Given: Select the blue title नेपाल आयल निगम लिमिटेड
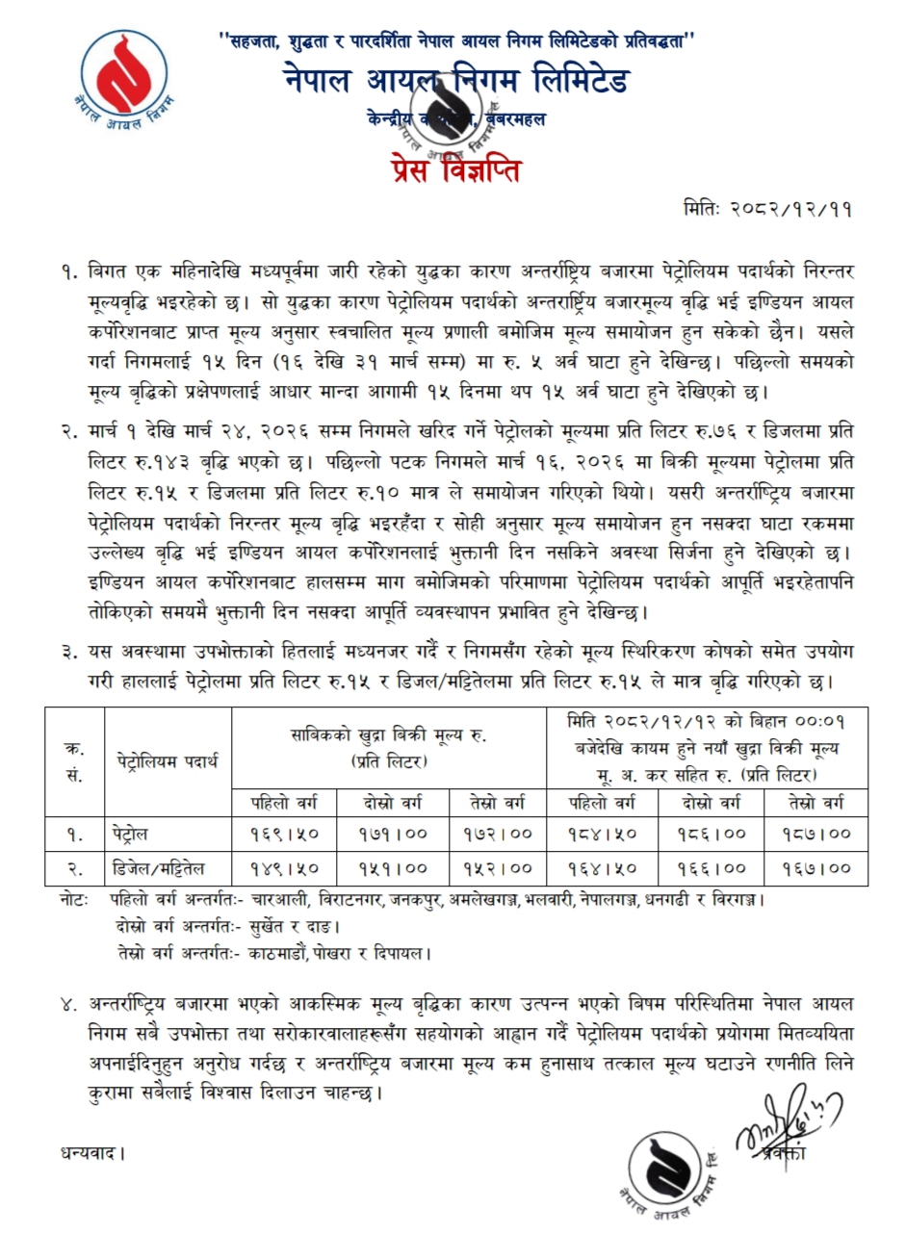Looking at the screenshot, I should pyautogui.click(x=456, y=81).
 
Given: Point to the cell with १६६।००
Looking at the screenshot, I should pyautogui.click(x=709, y=867).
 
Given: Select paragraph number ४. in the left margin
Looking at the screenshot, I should pyautogui.click(x=66, y=1005).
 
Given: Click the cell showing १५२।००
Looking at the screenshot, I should pyautogui.click(x=493, y=867).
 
